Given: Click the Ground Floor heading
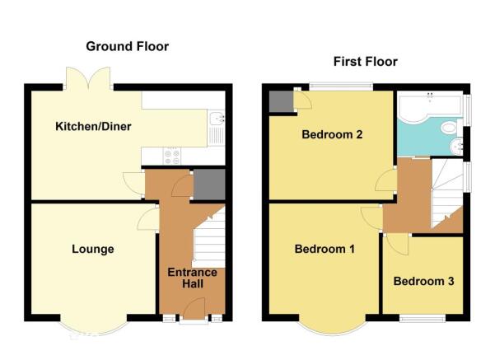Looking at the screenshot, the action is (x=127, y=46).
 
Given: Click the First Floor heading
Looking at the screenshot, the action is (x=365, y=61).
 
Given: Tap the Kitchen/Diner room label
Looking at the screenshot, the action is (x=93, y=126).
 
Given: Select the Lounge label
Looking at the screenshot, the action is (x=93, y=249).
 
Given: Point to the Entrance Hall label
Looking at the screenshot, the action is (x=192, y=278).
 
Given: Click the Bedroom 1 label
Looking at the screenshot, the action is (x=325, y=249).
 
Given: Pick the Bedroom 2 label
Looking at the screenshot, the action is (x=332, y=134).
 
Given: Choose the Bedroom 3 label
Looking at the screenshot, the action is (x=423, y=281).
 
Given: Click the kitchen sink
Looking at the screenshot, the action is (x=217, y=128).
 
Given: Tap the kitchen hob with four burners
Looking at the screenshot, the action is (x=172, y=156).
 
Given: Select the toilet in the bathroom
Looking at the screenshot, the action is (x=451, y=128).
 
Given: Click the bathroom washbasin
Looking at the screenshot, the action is (x=455, y=147).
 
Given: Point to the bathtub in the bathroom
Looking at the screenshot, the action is (x=430, y=105).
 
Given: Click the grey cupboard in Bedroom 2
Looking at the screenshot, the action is (x=281, y=101).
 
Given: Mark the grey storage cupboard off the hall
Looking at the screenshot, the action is (x=209, y=185).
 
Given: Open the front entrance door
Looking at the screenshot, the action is (x=194, y=309).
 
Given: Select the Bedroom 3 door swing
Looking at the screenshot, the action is (x=398, y=244).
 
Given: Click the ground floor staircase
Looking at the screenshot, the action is (x=208, y=237).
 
